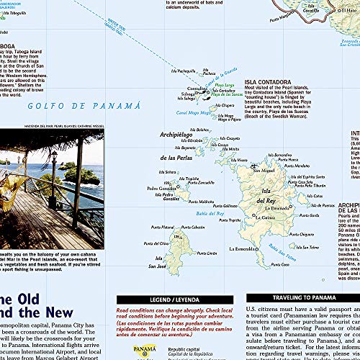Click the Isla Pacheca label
(186, 71)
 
